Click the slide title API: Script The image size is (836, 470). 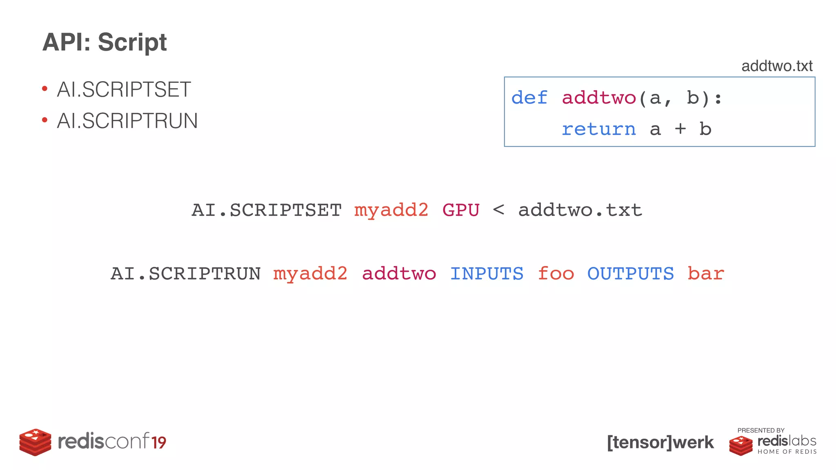click(104, 42)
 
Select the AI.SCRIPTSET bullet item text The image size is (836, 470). click(124, 90)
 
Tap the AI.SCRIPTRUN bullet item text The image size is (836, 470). click(127, 121)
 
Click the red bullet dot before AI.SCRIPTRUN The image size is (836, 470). click(45, 120)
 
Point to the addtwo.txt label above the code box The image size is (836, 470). click(776, 66)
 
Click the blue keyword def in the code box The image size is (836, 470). click(529, 98)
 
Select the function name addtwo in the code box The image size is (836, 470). click(599, 98)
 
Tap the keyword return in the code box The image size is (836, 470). click(598, 129)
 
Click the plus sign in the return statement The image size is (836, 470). click(680, 129)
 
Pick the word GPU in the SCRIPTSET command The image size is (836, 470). click(461, 211)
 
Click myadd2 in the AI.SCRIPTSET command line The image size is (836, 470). click(391, 211)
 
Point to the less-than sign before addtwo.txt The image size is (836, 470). click(498, 211)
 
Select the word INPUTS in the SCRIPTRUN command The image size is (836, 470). click(487, 274)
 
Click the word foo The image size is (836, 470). click(556, 274)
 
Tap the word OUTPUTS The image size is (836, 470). click(630, 274)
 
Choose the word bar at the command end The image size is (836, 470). click(705, 274)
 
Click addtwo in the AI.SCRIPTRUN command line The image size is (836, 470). click(399, 274)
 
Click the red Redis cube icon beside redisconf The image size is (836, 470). click(36, 442)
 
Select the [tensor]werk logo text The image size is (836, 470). click(660, 443)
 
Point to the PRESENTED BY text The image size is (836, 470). click(760, 430)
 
